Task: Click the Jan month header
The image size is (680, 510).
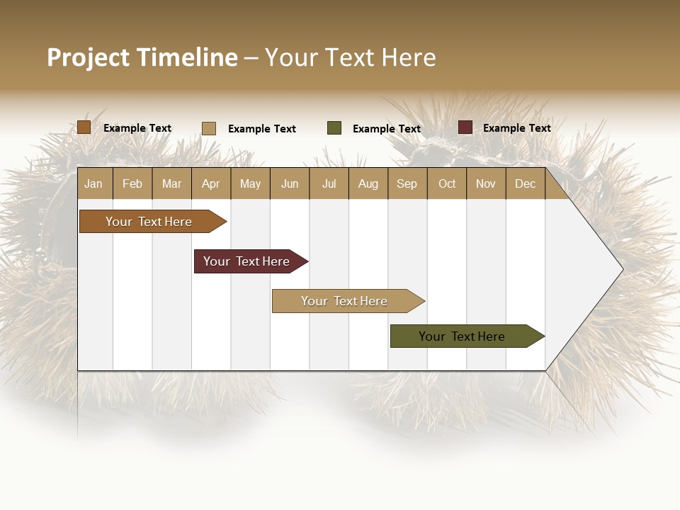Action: tap(93, 183)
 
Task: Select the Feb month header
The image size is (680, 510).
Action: tap(132, 183)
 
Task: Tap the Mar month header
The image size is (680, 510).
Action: tap(171, 183)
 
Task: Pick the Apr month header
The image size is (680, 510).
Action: tap(210, 183)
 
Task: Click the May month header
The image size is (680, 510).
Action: tap(250, 183)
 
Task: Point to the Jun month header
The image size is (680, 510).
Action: tap(290, 183)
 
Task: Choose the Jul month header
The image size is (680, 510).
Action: tap(329, 183)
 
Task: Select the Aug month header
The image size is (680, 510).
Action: tap(368, 183)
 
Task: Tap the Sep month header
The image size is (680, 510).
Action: tap(407, 183)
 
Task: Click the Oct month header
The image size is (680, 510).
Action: tap(447, 183)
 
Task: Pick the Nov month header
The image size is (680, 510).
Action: tap(486, 183)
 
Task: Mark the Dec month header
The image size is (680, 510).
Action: tap(525, 183)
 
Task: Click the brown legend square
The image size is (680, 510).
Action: tap(84, 127)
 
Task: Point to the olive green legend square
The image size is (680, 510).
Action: tap(334, 128)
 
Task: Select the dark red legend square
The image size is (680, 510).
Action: tap(465, 127)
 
